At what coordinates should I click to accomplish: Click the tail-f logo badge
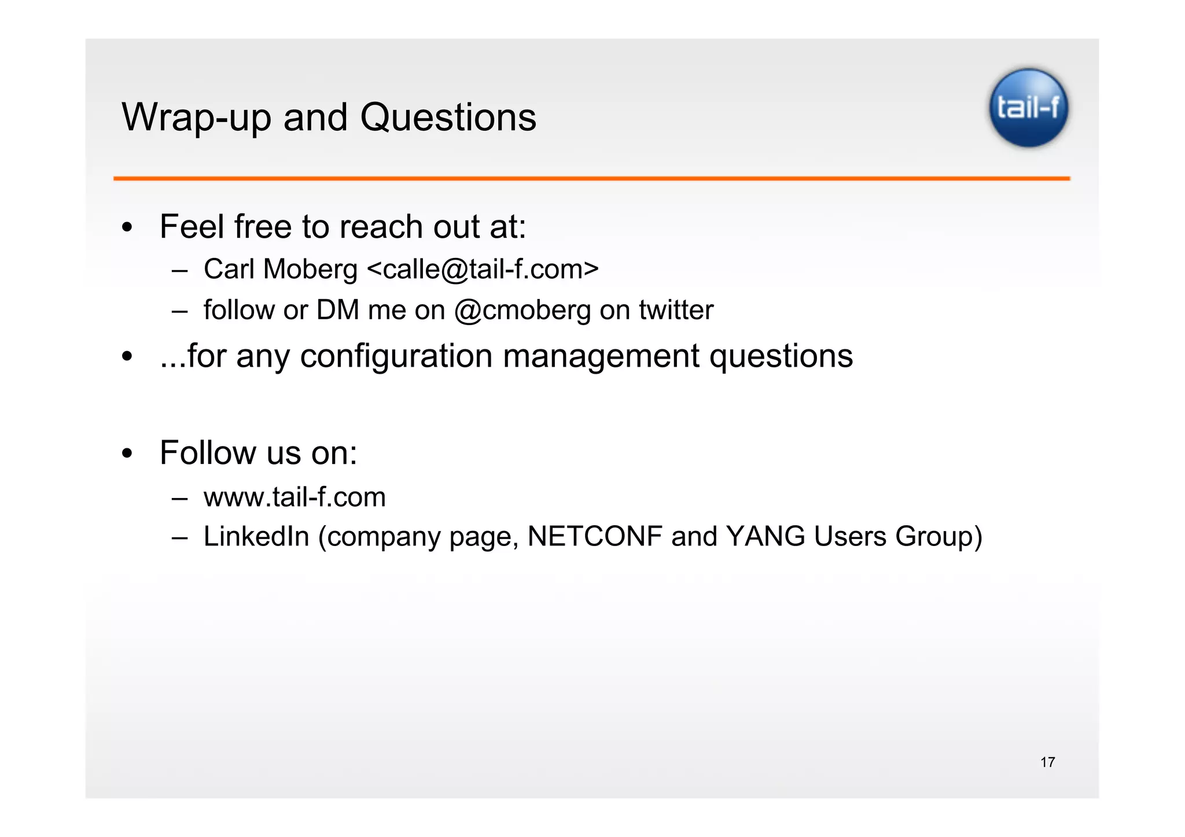point(1028,108)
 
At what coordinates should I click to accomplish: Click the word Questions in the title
point(448,117)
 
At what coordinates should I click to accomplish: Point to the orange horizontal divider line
point(591,179)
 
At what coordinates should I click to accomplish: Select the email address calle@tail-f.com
point(483,270)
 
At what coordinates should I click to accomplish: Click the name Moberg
point(310,270)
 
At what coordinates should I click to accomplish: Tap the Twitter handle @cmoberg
point(522,311)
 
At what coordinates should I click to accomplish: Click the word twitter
point(676,310)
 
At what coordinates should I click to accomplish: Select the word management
point(601,356)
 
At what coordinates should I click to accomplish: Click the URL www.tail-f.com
point(295,497)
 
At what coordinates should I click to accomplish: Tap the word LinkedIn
point(256,536)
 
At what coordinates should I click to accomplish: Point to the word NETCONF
point(595,536)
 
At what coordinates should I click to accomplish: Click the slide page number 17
point(1047,762)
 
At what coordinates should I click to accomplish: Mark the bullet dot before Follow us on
point(127,453)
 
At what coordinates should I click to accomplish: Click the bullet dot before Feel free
point(127,227)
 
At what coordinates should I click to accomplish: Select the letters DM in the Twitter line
point(338,311)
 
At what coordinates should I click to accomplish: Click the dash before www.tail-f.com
point(180,498)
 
